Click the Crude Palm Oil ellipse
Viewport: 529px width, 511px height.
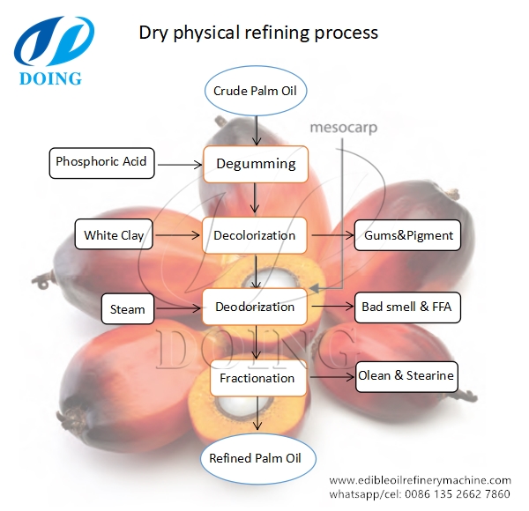coord(256,91)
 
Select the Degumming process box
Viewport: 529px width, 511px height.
coord(256,163)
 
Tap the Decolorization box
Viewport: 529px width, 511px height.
coord(256,235)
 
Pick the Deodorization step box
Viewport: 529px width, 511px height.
coord(256,307)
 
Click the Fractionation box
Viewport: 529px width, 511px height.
coord(257,378)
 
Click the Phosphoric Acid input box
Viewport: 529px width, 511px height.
coord(101,162)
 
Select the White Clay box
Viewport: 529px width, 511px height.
coord(114,235)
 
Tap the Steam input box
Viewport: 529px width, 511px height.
coord(128,309)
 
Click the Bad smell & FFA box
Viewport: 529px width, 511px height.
coord(406,307)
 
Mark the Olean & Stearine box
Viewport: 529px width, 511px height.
coord(406,376)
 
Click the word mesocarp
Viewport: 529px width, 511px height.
coord(342,128)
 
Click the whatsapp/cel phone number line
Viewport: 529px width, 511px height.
coord(420,493)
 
